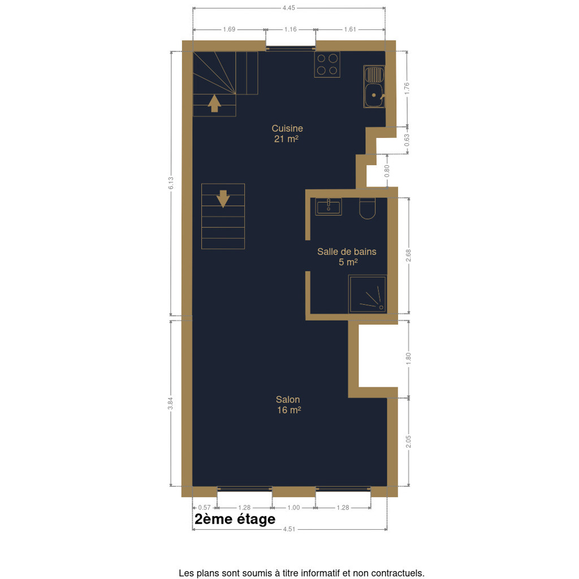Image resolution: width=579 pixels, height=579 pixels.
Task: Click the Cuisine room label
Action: point(287,128)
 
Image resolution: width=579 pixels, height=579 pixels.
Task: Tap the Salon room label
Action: point(288,400)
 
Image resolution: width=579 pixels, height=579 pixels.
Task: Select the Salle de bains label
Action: point(347,252)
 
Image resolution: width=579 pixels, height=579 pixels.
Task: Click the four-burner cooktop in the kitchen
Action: point(327,64)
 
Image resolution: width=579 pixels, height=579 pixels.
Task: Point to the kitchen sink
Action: point(374,87)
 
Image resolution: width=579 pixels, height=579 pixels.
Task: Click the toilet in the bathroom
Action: point(368,208)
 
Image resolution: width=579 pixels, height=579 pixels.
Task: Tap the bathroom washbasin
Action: point(329,206)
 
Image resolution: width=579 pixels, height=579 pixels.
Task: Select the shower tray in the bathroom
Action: point(368,294)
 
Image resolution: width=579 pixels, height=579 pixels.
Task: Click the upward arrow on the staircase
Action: point(214,103)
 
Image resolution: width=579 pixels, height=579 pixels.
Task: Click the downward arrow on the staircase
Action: point(223,198)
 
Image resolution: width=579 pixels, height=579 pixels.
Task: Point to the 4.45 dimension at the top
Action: point(289,8)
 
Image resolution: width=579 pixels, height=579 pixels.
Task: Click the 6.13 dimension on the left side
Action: point(171,183)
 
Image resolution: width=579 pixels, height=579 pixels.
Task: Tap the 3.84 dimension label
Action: point(171,403)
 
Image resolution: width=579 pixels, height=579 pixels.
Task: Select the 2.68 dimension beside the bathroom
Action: point(408,256)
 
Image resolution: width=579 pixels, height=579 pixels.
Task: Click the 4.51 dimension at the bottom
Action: point(289,529)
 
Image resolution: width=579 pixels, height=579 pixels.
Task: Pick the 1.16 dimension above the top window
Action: point(291,29)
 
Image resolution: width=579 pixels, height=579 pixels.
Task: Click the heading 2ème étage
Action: point(235,519)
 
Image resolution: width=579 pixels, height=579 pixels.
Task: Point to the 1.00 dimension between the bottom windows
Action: point(293,508)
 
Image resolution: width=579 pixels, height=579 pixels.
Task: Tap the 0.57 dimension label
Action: point(204,508)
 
